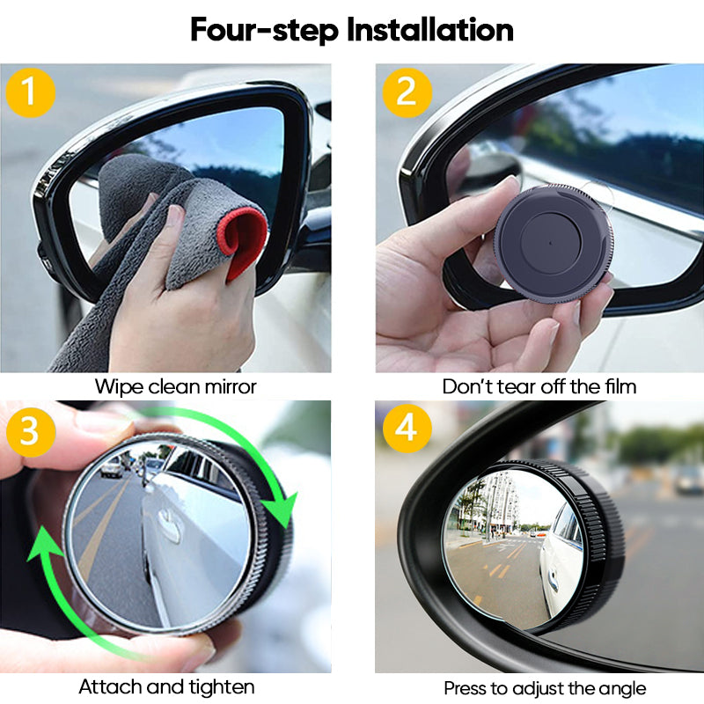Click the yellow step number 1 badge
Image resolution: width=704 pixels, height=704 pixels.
(31, 91)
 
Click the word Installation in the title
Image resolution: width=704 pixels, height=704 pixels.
(429, 29)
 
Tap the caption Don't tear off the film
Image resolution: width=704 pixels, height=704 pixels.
(539, 386)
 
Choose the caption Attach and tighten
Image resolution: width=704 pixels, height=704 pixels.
(166, 686)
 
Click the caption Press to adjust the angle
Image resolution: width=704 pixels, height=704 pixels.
(545, 687)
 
